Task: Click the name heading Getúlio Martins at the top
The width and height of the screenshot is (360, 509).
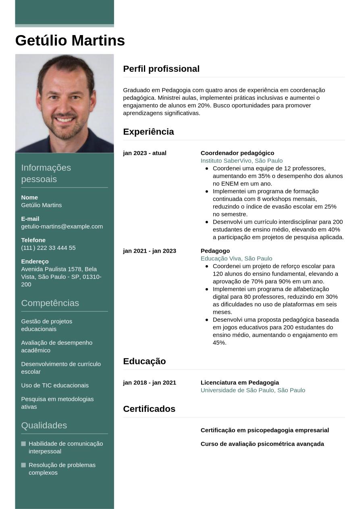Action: pos(70,41)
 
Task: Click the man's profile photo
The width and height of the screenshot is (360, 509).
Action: pos(65,103)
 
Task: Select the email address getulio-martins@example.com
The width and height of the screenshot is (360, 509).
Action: pos(62,226)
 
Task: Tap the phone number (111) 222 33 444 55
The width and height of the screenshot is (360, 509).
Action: pos(48,248)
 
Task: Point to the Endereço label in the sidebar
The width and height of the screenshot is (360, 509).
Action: pos(35,262)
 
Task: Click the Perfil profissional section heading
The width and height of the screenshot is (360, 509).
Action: pos(161,69)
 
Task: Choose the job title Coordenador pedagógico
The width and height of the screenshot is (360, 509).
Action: pos(237,153)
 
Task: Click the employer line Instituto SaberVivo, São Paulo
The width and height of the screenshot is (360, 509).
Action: pos(241,161)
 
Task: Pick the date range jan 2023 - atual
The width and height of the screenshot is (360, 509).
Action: pos(144,153)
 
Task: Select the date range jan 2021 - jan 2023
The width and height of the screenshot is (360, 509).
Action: pos(149,251)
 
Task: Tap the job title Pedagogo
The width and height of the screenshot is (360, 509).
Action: pos(215,251)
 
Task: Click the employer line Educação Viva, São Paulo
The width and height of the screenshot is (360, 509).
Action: pos(236,259)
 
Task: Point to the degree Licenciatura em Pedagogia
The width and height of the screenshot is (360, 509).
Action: pos(239,383)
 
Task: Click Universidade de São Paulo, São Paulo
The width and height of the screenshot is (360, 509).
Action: pos(253,391)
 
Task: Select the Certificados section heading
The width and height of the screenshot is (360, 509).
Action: pos(149,409)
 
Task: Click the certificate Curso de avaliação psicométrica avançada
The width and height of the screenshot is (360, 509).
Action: pos(262,444)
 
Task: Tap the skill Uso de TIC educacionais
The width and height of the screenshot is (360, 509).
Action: pos(55,386)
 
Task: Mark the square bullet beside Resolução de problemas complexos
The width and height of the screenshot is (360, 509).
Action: pos(23,465)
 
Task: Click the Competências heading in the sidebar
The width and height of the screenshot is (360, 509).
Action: pos(50,303)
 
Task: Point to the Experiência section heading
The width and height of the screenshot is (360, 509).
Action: pos(148,132)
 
